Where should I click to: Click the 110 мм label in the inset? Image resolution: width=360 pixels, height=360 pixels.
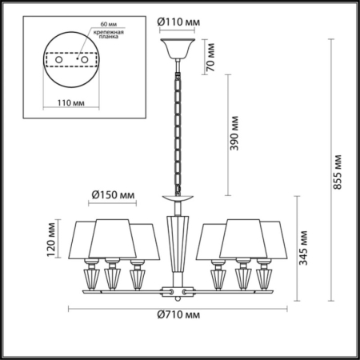coord(71,103)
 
